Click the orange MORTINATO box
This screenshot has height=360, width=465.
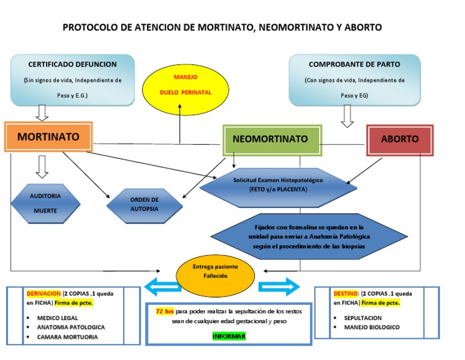pos(48,136)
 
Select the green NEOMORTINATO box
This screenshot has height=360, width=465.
pos(271,139)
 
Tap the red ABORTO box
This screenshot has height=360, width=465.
pos(400,139)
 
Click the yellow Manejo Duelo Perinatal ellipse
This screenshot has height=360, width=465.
pos(185,86)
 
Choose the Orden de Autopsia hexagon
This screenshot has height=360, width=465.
pos(144,204)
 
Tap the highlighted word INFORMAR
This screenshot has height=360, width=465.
pos(229,336)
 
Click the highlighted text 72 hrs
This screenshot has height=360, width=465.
pos(165,311)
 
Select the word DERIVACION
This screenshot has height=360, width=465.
pos(43,292)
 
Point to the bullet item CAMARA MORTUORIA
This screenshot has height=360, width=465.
pos(67,337)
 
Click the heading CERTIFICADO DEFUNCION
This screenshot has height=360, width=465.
pos(73,64)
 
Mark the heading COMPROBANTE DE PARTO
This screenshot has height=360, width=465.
pos(354,64)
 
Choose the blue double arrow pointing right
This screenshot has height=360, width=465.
pos(279,286)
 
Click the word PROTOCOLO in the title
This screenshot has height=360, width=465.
pos(91,27)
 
